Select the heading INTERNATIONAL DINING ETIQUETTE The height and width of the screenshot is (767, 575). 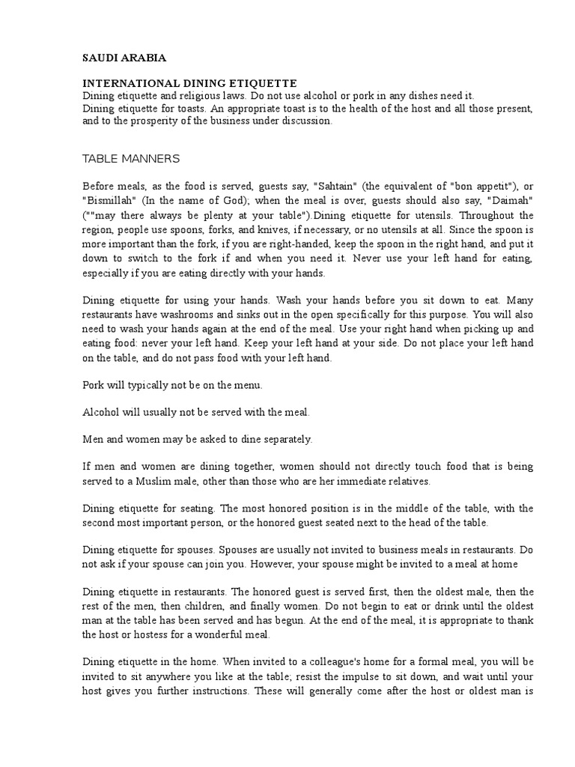pyautogui.click(x=189, y=83)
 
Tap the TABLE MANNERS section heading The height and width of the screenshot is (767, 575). pyautogui.click(x=131, y=158)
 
